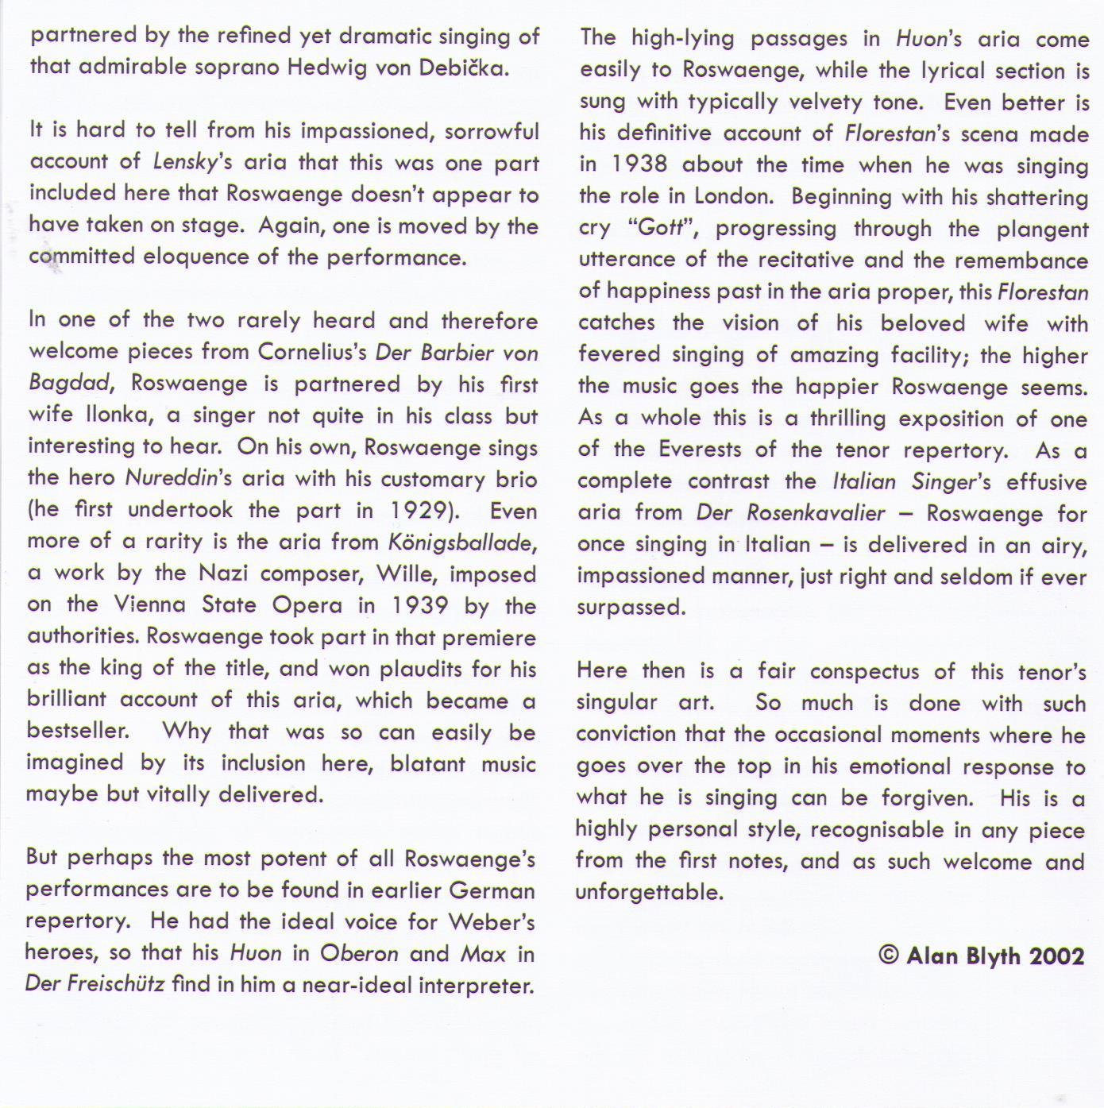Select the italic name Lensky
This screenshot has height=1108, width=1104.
(x=180, y=163)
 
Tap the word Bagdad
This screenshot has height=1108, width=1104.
(x=68, y=384)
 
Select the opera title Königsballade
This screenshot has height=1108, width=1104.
(x=460, y=542)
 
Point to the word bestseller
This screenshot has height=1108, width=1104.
(x=77, y=731)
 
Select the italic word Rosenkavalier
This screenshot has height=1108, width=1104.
(x=816, y=513)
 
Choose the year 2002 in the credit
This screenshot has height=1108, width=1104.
(x=1056, y=955)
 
